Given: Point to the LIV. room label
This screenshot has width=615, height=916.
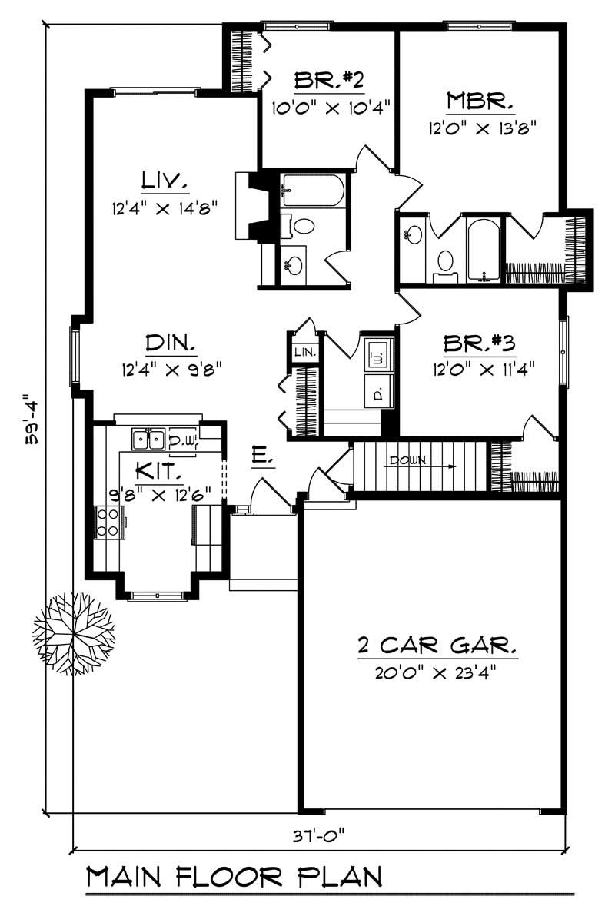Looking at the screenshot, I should click(165, 181).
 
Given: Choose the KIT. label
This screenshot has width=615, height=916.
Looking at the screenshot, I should click(158, 469).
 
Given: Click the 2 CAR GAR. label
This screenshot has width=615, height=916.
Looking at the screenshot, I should click(437, 644).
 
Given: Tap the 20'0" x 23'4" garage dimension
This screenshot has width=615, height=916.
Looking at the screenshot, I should click(437, 673).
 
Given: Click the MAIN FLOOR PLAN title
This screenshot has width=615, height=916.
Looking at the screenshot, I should click(234, 877).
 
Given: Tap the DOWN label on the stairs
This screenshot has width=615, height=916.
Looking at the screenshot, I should click(407, 461).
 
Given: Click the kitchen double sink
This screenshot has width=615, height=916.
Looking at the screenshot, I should click(148, 440).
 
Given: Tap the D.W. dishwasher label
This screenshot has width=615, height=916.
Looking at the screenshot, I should click(183, 440).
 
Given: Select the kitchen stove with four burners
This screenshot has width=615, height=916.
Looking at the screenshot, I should click(107, 523).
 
